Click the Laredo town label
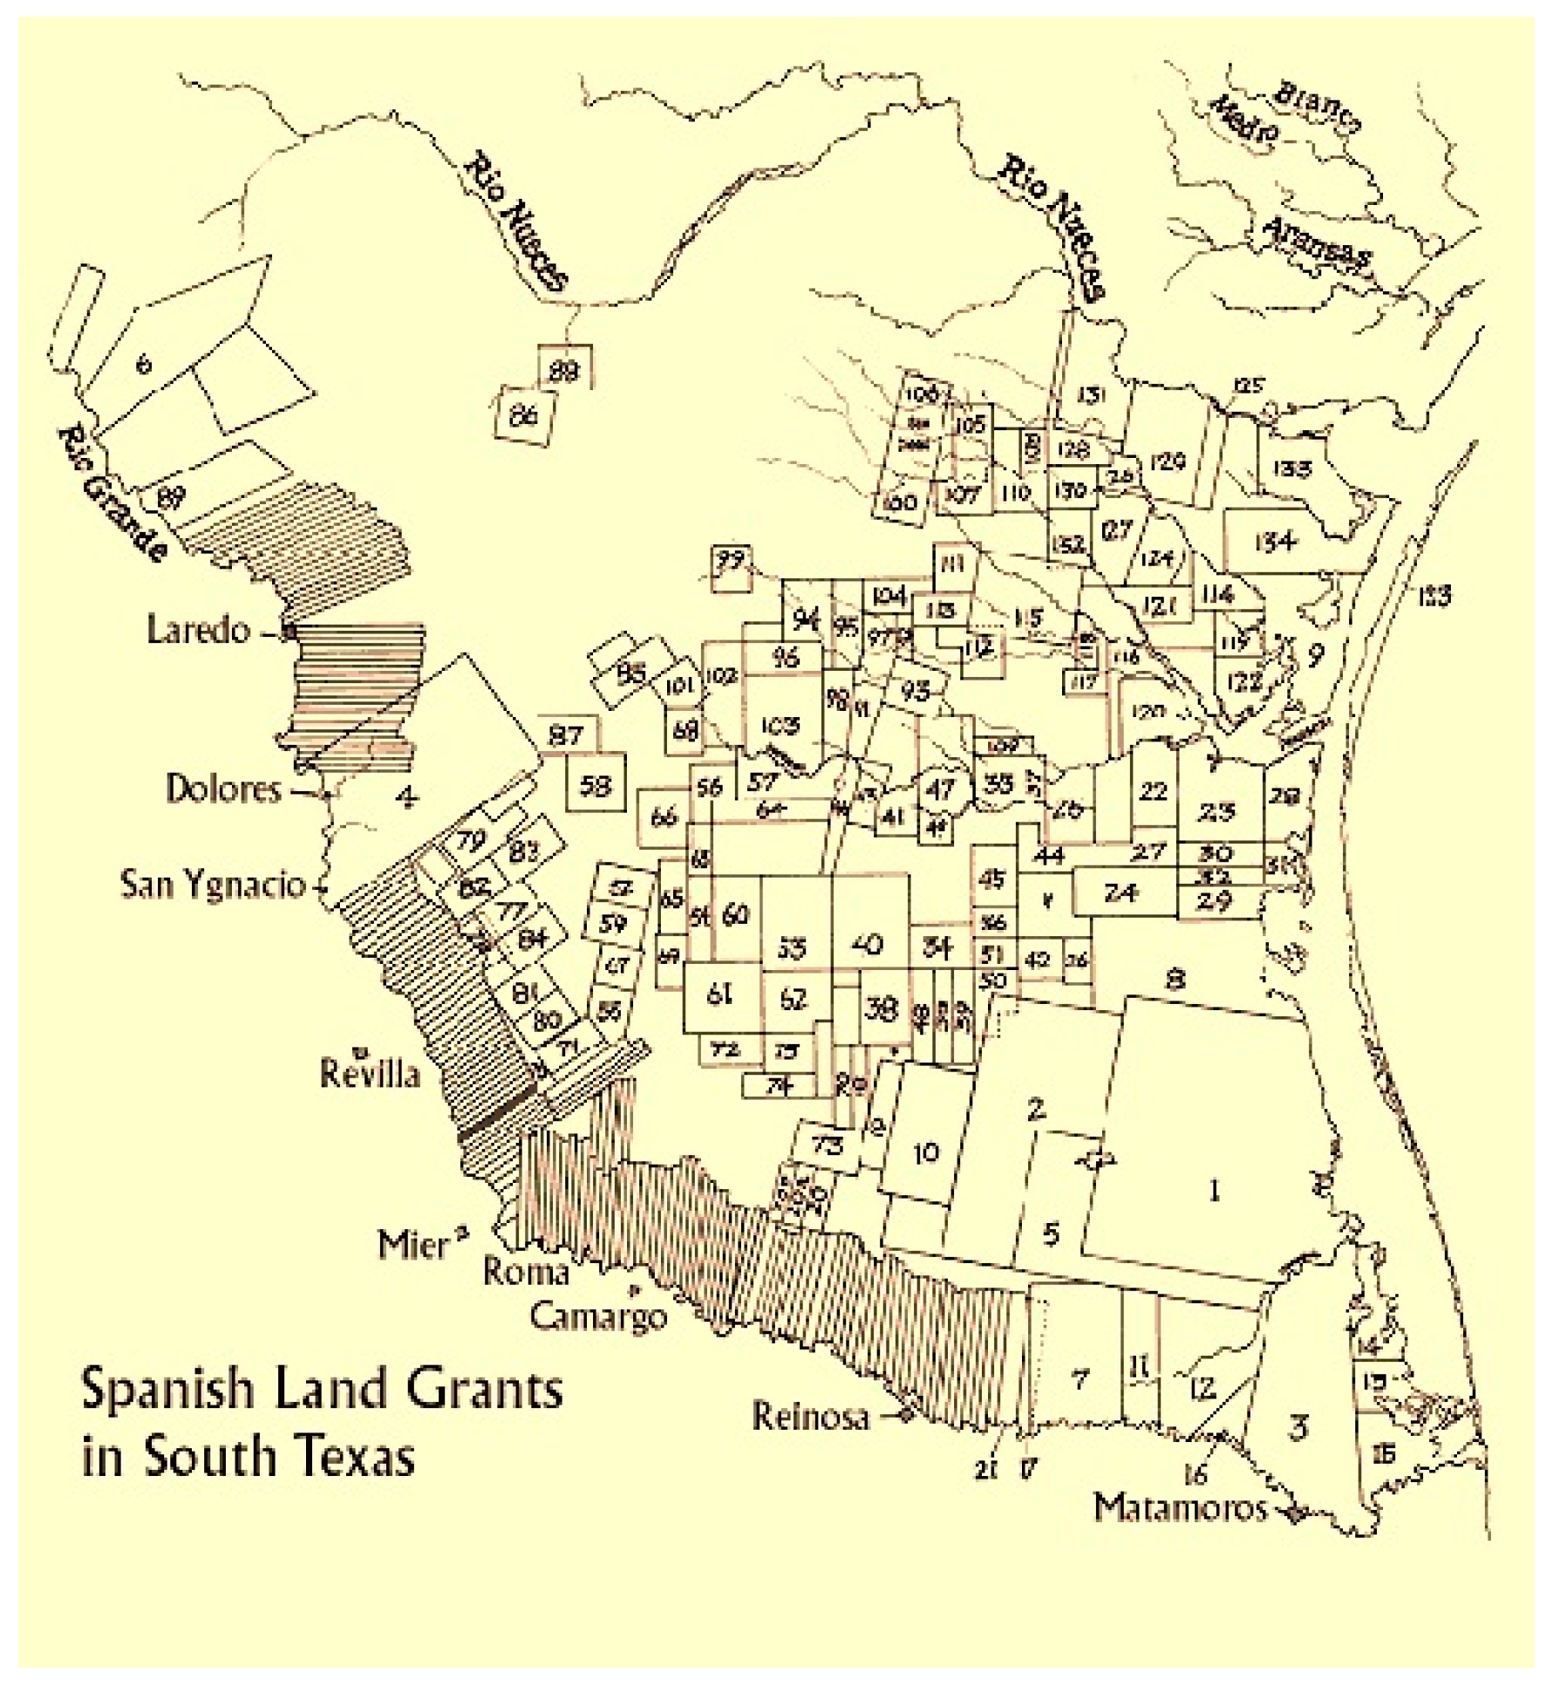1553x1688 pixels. (198, 629)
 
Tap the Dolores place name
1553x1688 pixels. (223, 789)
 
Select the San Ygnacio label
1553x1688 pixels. (213, 885)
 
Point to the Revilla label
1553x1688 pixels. (370, 1072)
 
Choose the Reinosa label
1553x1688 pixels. (811, 1417)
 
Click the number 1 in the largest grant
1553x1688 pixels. (1213, 1191)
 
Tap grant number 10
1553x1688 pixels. (926, 1152)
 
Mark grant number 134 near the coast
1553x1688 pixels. (1276, 543)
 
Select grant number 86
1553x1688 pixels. (523, 418)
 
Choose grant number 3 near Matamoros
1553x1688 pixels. (1298, 1429)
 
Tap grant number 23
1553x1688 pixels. (1216, 812)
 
